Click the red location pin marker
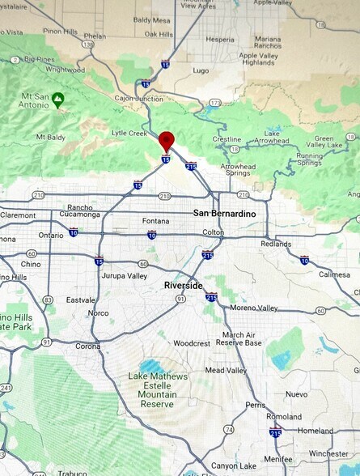166,139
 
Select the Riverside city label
183,286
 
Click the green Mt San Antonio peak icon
57,100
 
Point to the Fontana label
155,221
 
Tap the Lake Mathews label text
157,376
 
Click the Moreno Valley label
254,308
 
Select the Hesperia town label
220,39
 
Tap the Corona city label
88,346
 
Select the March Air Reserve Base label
242,338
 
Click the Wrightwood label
66,70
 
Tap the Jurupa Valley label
125,276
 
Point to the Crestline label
227,139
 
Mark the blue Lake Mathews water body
153,366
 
